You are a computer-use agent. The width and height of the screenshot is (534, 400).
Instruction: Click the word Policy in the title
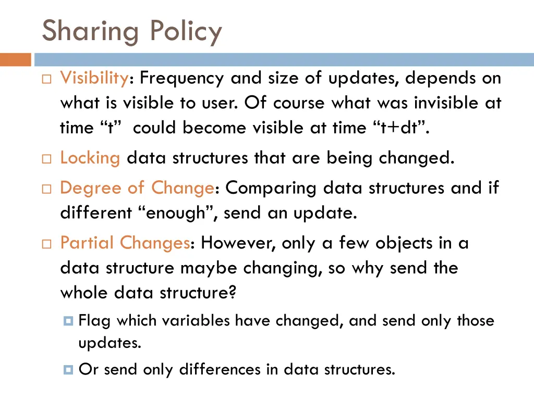[x=186, y=31]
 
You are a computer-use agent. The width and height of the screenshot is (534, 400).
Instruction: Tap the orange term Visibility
[x=94, y=78]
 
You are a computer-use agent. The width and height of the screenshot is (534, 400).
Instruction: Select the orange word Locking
[x=90, y=157]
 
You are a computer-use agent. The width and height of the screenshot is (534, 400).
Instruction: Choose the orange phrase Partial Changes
[x=125, y=243]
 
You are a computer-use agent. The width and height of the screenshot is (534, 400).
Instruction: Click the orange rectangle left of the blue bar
[x=15, y=59]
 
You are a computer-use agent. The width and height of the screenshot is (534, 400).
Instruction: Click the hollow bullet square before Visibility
[x=46, y=80]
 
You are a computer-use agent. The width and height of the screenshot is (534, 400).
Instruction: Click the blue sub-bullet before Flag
[x=68, y=321]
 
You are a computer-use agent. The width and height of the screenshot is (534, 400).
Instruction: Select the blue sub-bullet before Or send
[x=68, y=370]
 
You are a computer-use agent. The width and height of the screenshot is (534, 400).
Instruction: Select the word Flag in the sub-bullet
[x=94, y=320]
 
